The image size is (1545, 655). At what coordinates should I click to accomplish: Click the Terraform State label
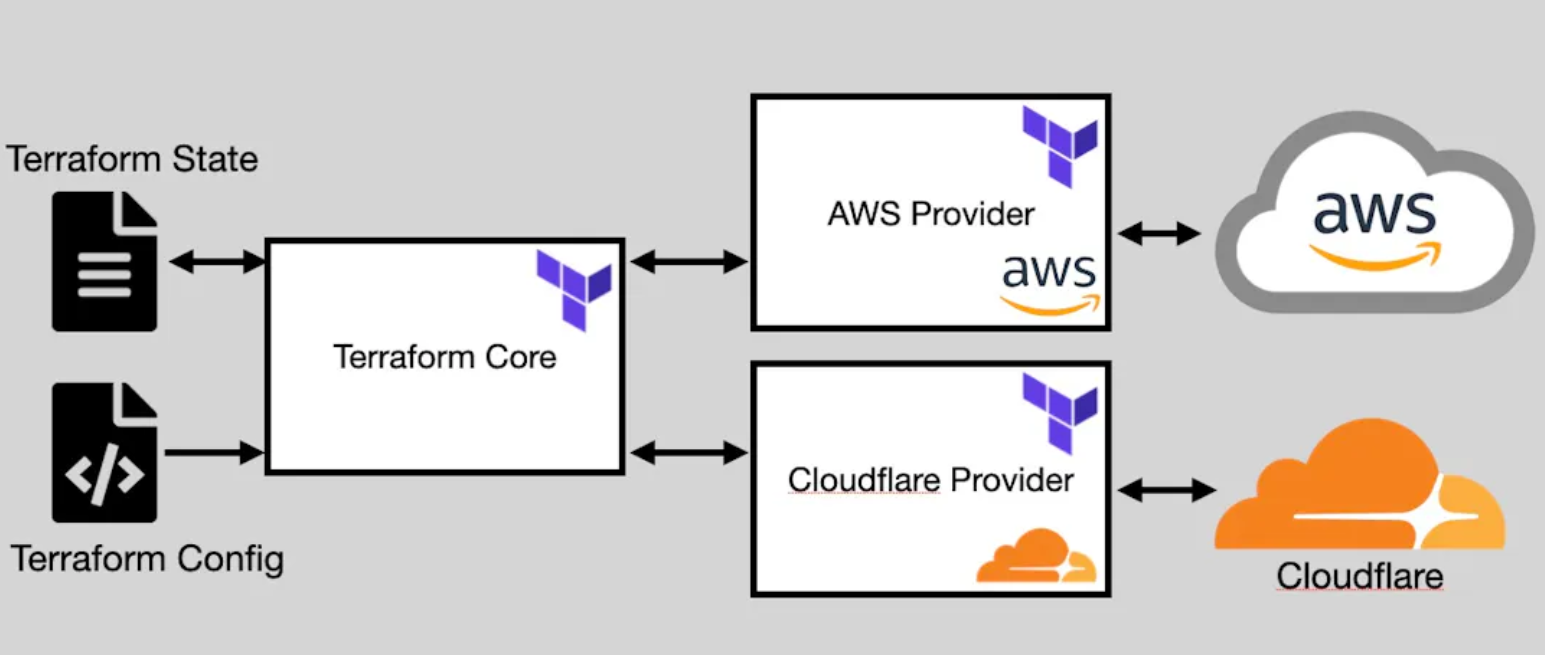(133, 158)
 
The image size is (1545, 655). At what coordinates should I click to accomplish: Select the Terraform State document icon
(105, 262)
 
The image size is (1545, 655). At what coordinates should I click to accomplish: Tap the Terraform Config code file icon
(105, 452)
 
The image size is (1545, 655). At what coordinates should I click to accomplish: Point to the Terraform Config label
(147, 557)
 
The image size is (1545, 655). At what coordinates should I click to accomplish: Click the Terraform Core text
(444, 356)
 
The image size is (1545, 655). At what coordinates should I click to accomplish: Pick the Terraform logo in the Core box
(574, 290)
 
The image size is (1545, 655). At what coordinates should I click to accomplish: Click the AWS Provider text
(930, 213)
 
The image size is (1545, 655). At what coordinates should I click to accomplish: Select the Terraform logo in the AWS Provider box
(1059, 146)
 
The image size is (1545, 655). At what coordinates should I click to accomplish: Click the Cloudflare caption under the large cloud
(1360, 576)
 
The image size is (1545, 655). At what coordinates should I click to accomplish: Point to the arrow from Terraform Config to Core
(213, 453)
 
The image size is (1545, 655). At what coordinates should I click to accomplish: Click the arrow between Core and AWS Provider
(689, 262)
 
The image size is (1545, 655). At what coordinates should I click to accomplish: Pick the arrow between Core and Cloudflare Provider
(689, 453)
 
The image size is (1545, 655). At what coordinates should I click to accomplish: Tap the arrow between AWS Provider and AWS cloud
(1159, 235)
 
